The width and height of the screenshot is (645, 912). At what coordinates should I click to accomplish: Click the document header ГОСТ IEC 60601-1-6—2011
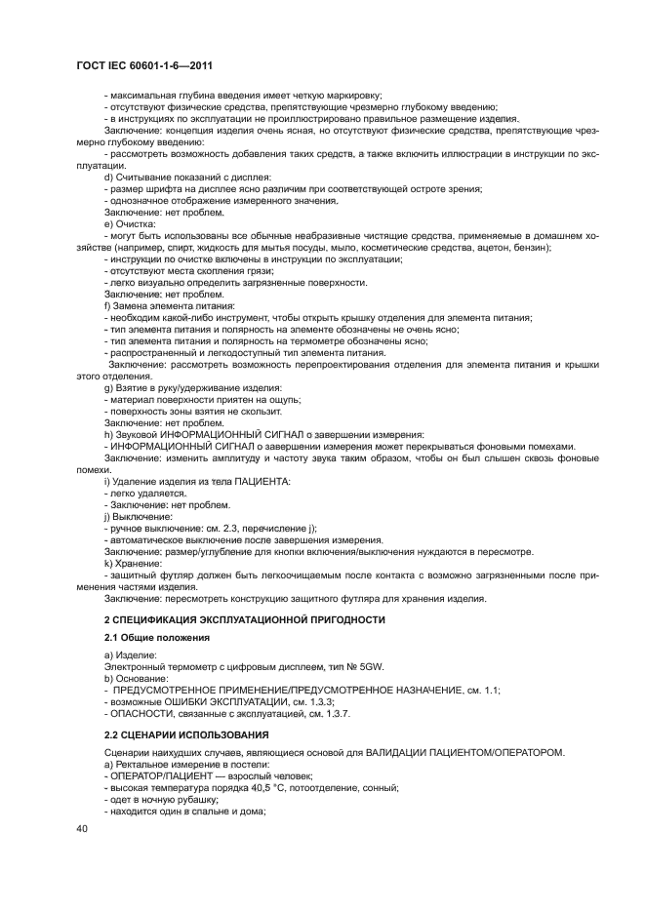pyautogui.click(x=145, y=65)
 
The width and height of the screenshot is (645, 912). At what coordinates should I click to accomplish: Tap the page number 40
pyautogui.click(x=82, y=827)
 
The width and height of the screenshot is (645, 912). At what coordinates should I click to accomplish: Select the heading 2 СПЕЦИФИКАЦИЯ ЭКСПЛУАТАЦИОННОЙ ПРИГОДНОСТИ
pyautogui.click(x=244, y=620)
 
